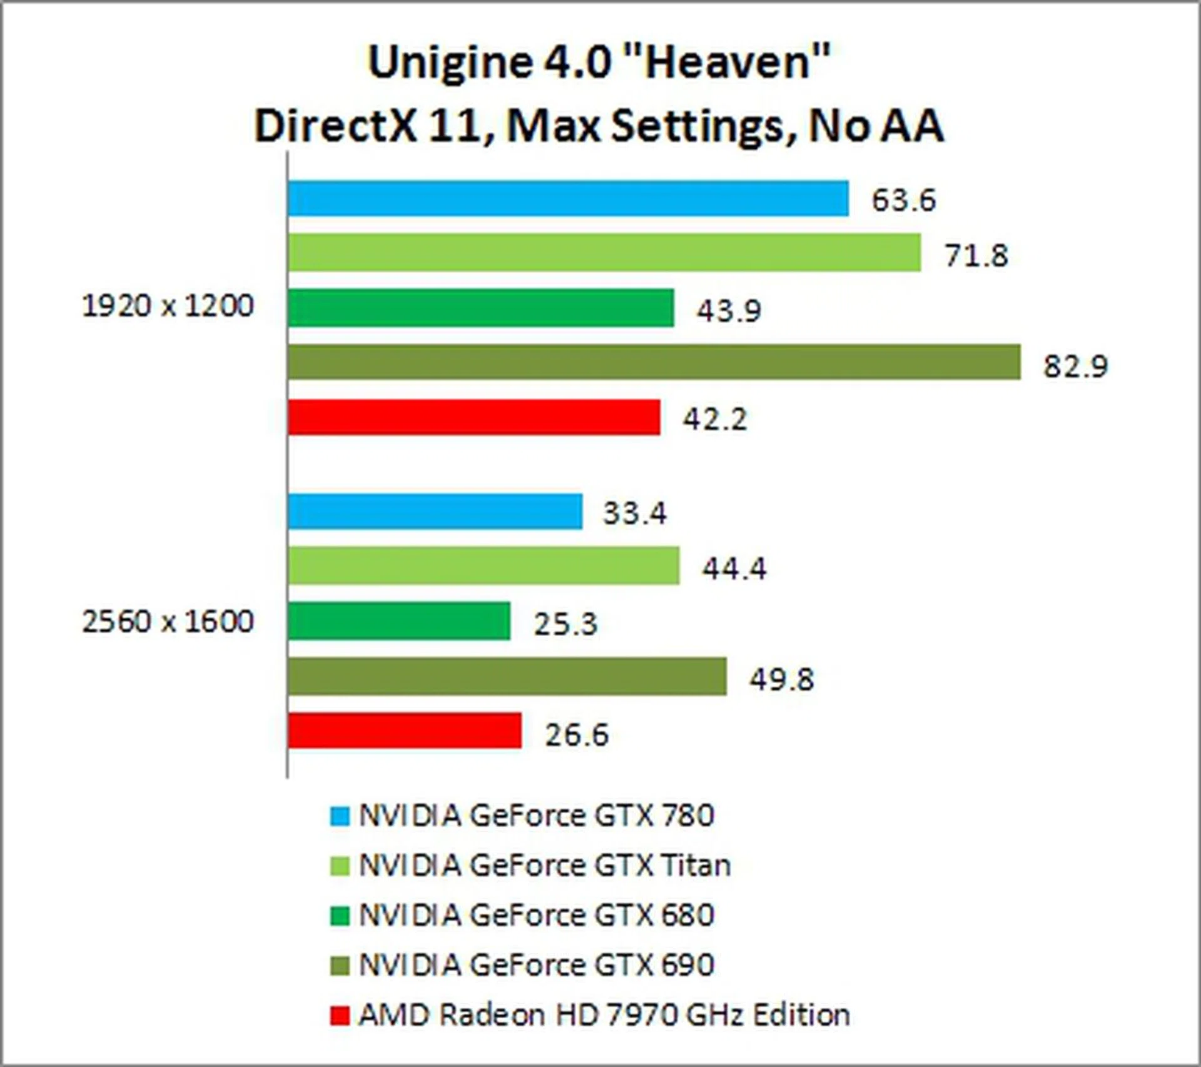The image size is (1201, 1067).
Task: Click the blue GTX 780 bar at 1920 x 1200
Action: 568,198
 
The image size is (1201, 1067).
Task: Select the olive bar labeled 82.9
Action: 654,362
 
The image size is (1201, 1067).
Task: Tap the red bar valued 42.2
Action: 474,417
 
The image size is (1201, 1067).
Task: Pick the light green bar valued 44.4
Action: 484,565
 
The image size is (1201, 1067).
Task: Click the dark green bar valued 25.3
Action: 399,621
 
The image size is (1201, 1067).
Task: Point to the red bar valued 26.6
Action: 405,731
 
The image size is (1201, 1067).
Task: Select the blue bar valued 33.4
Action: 435,512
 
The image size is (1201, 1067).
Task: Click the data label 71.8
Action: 976,255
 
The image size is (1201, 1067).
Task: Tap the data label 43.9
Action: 729,310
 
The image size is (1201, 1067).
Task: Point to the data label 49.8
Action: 782,679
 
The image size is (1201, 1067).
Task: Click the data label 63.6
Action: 904,200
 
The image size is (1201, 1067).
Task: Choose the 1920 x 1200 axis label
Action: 168,306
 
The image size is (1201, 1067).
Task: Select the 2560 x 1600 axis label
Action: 168,622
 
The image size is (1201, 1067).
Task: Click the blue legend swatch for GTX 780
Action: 340,816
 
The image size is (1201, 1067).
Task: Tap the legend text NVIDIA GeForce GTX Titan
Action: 544,866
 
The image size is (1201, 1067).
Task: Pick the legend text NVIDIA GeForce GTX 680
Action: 536,916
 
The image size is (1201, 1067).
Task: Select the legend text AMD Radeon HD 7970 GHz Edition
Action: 604,1015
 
